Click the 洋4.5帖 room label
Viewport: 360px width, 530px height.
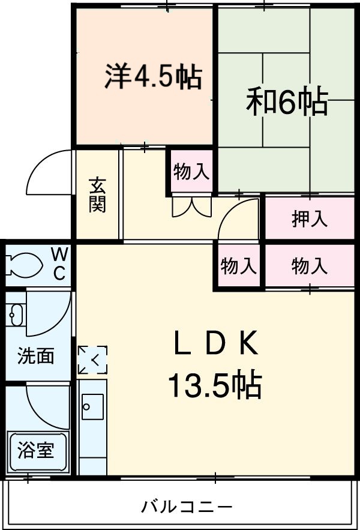pos(154,77)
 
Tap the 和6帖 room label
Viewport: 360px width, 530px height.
pos(287,102)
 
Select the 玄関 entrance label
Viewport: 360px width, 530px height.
pos(98,195)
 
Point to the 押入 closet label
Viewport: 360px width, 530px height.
pos(310,219)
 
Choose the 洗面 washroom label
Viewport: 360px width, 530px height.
pos(35,356)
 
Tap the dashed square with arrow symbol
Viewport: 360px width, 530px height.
pos(92,360)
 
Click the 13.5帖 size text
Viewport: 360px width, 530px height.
pos(214,385)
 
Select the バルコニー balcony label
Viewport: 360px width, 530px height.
pos(187,507)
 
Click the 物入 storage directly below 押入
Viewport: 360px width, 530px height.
pos(310,265)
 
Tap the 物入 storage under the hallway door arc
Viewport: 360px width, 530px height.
pos(239,266)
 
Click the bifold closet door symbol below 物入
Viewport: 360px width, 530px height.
pos(191,206)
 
